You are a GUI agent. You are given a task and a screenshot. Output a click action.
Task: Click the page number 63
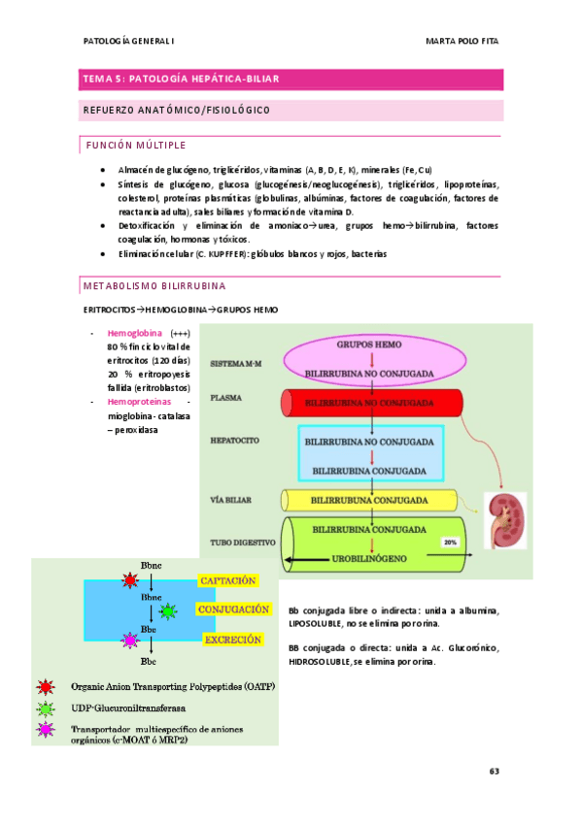[x=493, y=772]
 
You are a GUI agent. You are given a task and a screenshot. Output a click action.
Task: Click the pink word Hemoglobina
[x=136, y=332]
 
